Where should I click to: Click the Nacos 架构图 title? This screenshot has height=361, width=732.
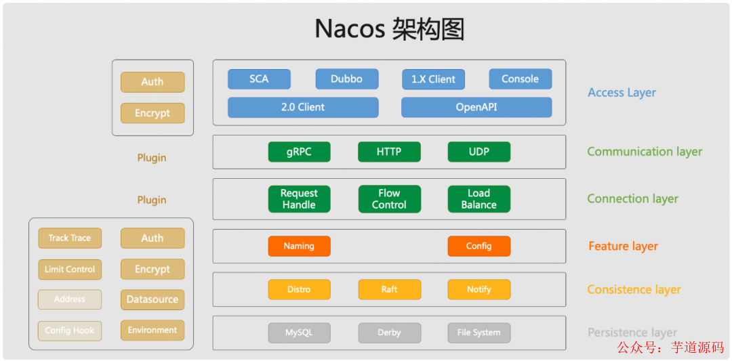[389, 30]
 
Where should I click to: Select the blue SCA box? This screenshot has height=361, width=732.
[259, 79]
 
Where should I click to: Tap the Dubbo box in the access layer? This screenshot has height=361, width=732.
[346, 79]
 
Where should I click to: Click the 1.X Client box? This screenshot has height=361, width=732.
[433, 79]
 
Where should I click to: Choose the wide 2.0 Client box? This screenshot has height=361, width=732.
[302, 107]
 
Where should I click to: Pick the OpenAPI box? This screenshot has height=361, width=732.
[476, 107]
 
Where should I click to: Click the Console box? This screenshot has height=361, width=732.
[520, 79]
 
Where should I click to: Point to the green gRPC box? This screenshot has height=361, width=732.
[299, 152]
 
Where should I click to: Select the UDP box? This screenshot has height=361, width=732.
[479, 152]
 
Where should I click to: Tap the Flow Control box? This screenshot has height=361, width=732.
[389, 199]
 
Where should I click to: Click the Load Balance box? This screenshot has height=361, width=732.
[479, 199]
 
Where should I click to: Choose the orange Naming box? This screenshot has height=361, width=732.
[299, 247]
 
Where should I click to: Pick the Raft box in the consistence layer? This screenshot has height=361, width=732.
[389, 289]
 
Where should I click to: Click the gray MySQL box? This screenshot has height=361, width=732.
[299, 333]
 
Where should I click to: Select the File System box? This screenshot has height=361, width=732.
[479, 333]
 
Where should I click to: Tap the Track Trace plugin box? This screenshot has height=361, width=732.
[69, 238]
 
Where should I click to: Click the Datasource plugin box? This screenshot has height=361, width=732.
[152, 299]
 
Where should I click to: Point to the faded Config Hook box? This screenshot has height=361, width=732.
[69, 331]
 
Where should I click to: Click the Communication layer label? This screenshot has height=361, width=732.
[644, 152]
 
